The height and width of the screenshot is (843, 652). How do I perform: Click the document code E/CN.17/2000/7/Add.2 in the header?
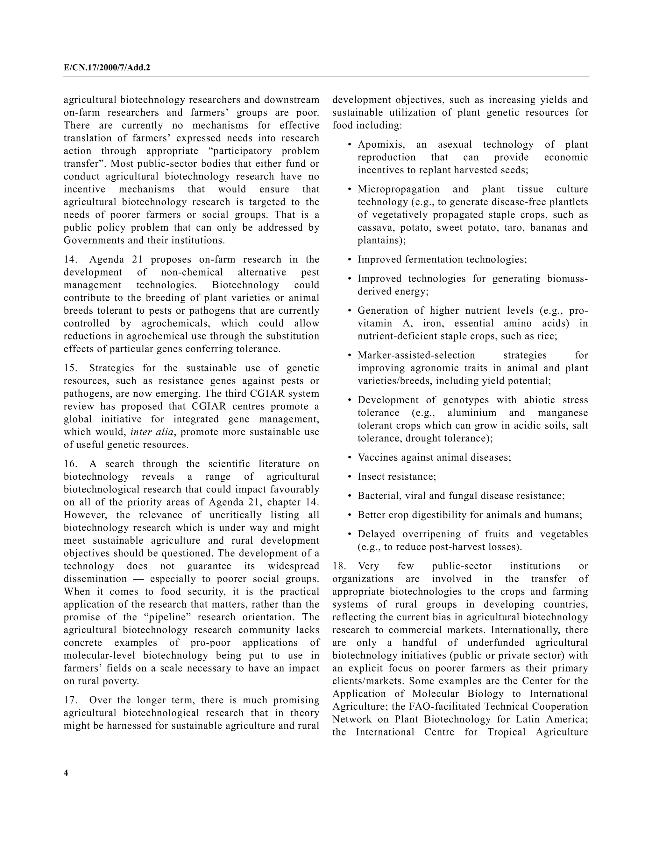[107, 68]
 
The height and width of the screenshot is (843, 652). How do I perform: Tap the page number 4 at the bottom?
[66, 773]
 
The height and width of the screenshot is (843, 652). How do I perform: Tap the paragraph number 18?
[338, 566]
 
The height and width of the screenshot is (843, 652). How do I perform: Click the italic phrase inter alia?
[152, 432]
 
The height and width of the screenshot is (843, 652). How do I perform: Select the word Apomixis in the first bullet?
[381, 144]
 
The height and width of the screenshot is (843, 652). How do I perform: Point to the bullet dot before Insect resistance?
[350, 477]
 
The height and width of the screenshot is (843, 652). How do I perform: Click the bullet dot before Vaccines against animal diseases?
[350, 458]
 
